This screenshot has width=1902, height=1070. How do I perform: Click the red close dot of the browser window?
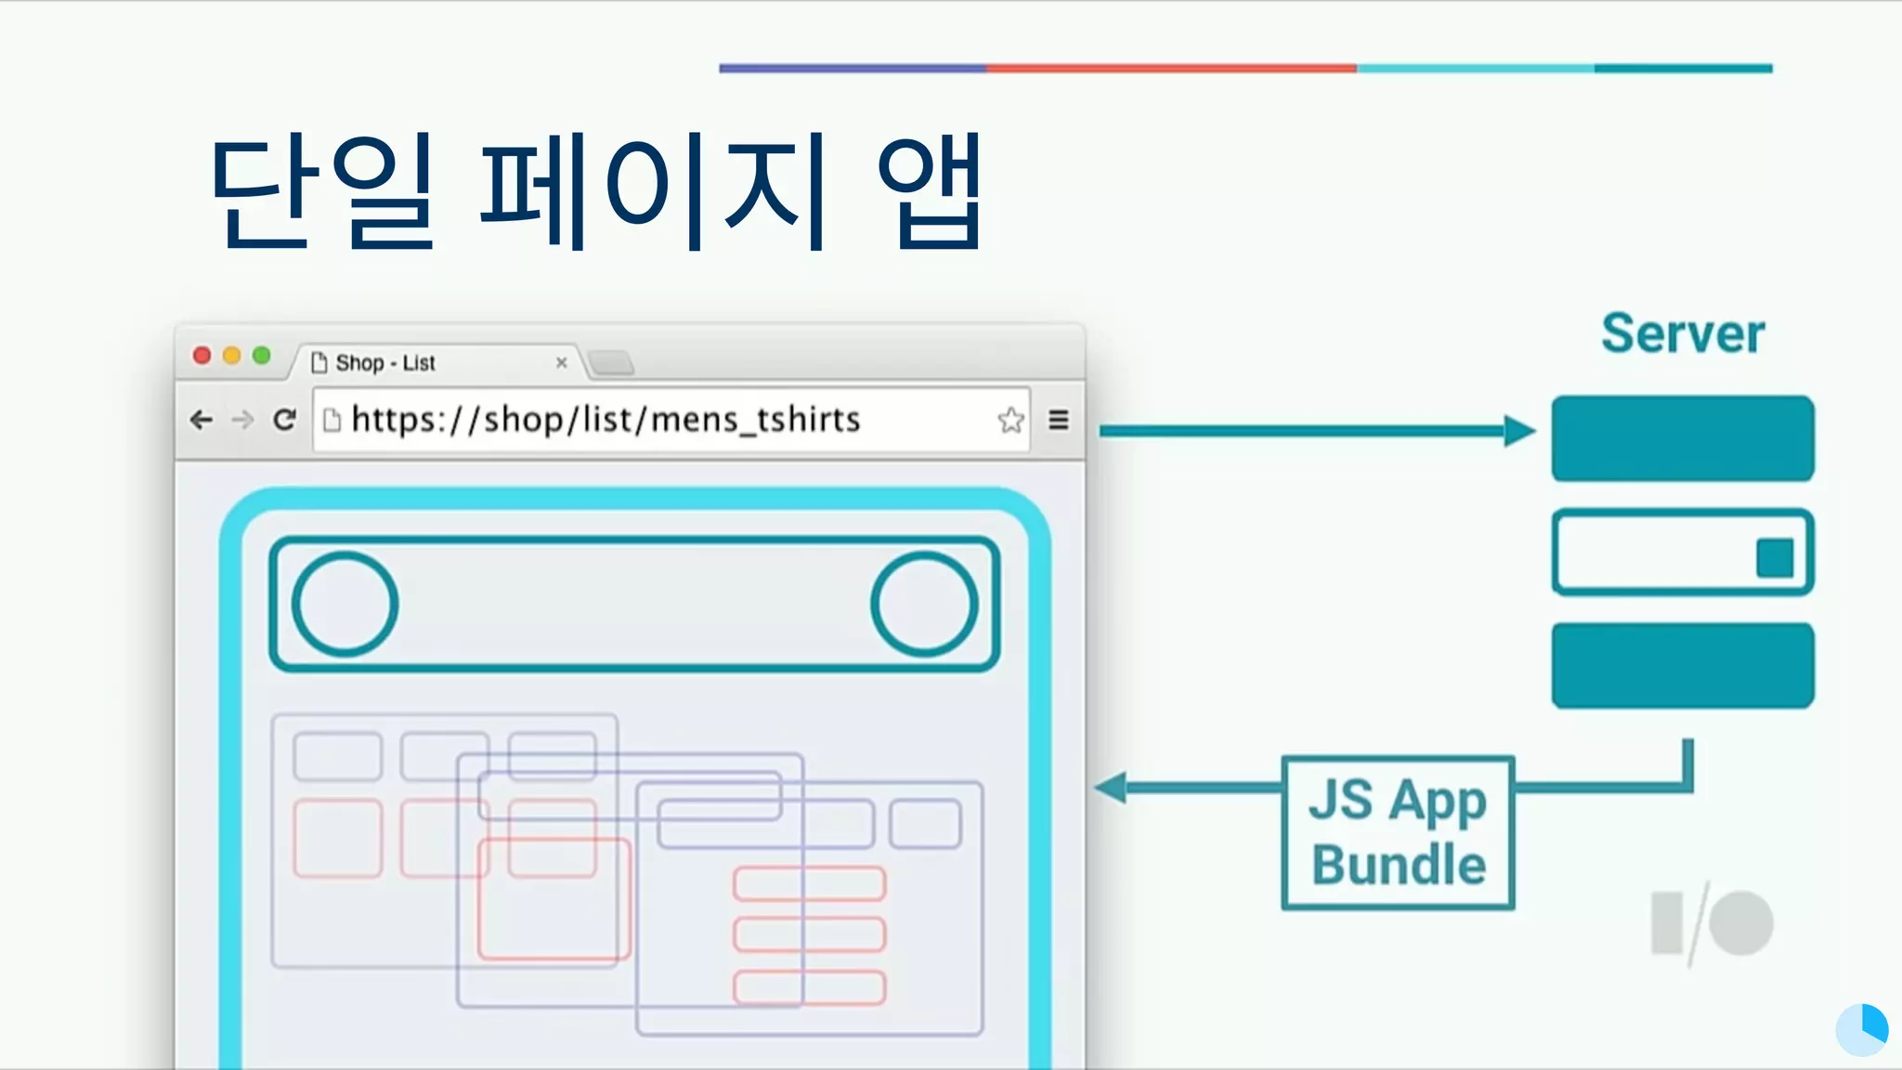click(202, 356)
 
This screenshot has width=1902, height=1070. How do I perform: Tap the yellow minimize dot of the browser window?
click(232, 356)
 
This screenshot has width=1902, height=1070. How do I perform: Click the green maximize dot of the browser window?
click(262, 356)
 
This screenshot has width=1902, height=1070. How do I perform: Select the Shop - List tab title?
click(385, 363)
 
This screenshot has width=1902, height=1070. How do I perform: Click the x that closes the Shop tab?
click(561, 363)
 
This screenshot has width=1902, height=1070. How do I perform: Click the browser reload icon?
click(285, 420)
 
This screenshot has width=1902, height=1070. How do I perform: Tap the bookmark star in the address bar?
click(1010, 421)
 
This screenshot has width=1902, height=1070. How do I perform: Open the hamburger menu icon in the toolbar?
click(1059, 421)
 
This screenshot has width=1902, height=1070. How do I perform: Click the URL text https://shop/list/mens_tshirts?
click(606, 420)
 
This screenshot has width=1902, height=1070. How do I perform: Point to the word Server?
click(1683, 334)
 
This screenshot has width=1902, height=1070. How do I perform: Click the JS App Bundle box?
click(1398, 833)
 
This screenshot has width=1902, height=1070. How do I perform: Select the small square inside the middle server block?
click(1775, 558)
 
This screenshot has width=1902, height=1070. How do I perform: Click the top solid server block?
click(1683, 438)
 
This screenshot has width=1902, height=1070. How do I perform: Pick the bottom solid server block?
click(1683, 666)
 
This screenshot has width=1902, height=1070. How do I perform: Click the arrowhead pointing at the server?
click(1519, 431)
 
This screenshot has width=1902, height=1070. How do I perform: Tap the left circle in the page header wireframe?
click(345, 605)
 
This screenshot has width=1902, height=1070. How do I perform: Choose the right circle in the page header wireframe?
click(924, 605)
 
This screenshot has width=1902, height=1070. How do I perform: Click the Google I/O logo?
click(1712, 923)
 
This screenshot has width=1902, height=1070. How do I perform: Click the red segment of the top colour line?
click(1170, 68)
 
